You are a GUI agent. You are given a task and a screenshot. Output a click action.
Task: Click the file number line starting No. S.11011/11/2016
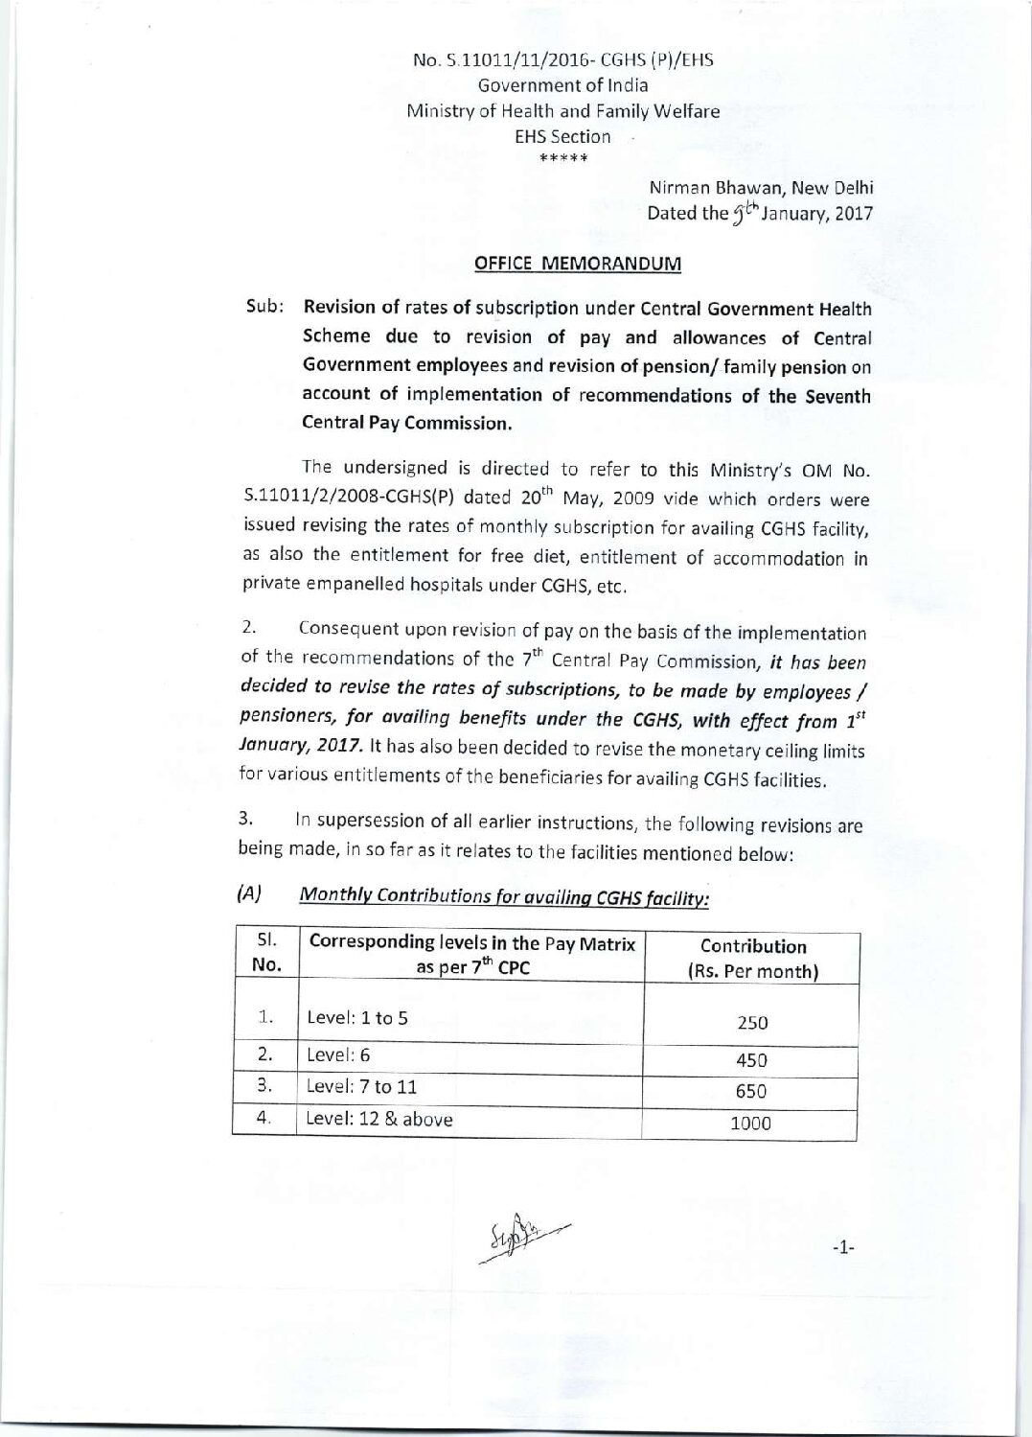click(562, 60)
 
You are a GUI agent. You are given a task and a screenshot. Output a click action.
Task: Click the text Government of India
click(562, 85)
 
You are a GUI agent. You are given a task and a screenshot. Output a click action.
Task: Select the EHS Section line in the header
click(562, 136)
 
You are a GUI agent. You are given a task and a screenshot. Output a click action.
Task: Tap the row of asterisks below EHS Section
click(562, 158)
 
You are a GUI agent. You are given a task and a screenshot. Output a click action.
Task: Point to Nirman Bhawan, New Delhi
click(761, 189)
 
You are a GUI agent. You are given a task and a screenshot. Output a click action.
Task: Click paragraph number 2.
click(247, 629)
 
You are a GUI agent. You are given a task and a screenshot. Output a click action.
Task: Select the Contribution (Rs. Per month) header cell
click(753, 958)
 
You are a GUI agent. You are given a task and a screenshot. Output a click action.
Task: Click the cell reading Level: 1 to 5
click(357, 1017)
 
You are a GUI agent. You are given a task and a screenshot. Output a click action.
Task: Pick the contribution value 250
click(752, 1022)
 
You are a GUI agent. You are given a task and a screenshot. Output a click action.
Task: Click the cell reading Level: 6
click(338, 1055)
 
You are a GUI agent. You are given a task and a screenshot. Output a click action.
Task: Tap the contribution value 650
click(752, 1091)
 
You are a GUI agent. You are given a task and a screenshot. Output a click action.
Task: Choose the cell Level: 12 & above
click(379, 1119)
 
